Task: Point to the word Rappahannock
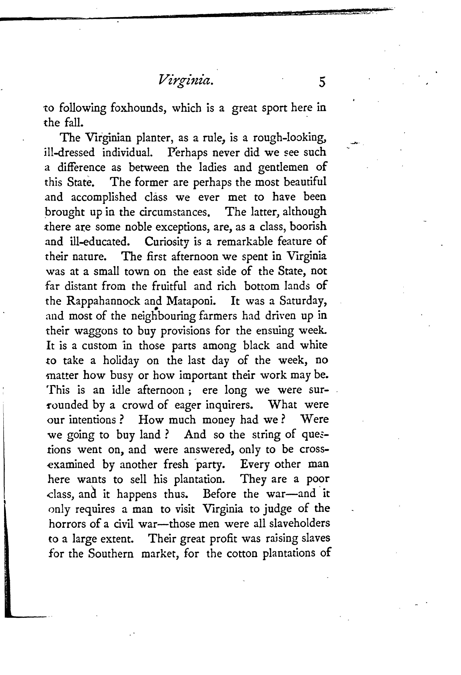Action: (103, 301)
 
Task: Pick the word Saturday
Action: (303, 301)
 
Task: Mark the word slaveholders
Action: (300, 523)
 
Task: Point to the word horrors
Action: (67, 523)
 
